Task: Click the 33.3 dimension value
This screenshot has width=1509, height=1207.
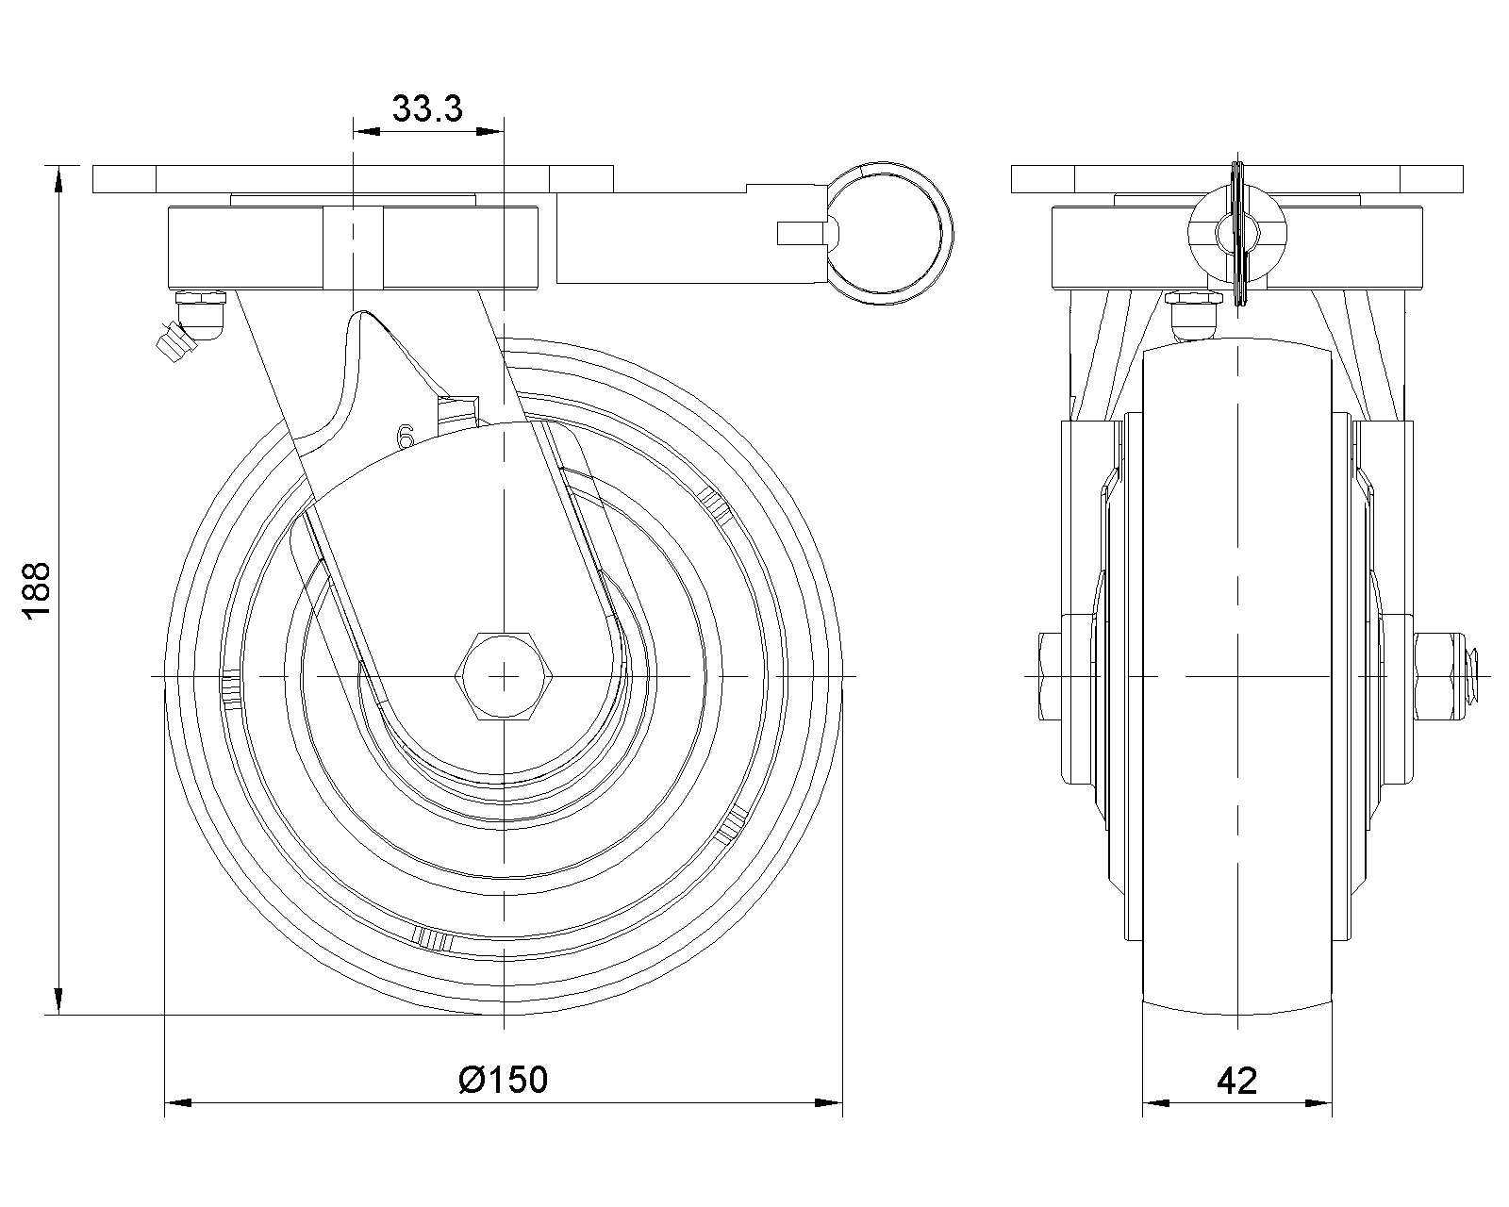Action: (427, 108)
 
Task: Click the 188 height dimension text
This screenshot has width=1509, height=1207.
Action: (37, 590)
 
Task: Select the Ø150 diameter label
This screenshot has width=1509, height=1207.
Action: (503, 1080)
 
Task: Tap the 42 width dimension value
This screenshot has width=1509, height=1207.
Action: (1237, 1081)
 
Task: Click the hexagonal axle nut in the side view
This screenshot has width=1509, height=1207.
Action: (505, 676)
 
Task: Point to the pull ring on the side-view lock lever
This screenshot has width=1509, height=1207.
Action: (888, 234)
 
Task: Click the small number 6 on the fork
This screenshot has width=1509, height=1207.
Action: (406, 437)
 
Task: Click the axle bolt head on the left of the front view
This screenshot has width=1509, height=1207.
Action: (1051, 677)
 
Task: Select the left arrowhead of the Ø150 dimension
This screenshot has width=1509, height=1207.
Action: (177, 1103)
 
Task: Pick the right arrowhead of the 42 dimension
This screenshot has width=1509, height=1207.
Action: (1318, 1103)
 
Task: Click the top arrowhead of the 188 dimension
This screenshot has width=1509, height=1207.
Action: (58, 179)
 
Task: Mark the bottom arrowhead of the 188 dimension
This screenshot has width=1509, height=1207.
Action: (58, 1001)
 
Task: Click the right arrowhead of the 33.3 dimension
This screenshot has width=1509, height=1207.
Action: (489, 131)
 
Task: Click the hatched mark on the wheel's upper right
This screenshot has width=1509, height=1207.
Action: (716, 505)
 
